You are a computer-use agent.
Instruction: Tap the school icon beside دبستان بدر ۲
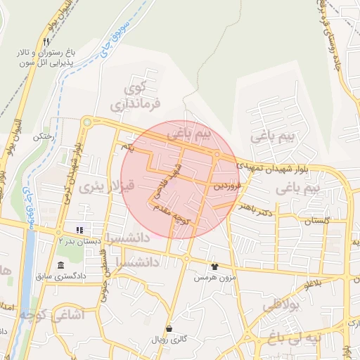pyautogui.click(x=79, y=230)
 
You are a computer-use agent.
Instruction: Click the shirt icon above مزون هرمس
pyautogui.click(x=214, y=266)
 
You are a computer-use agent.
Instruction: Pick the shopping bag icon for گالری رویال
pyautogui.click(x=169, y=328)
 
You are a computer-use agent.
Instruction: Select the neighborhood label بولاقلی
pyautogui.click(x=281, y=306)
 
